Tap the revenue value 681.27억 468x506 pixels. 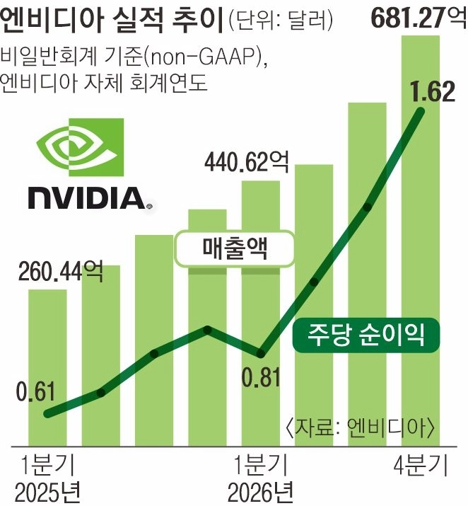415,15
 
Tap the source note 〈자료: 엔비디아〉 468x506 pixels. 360,429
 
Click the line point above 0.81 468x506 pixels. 261,352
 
